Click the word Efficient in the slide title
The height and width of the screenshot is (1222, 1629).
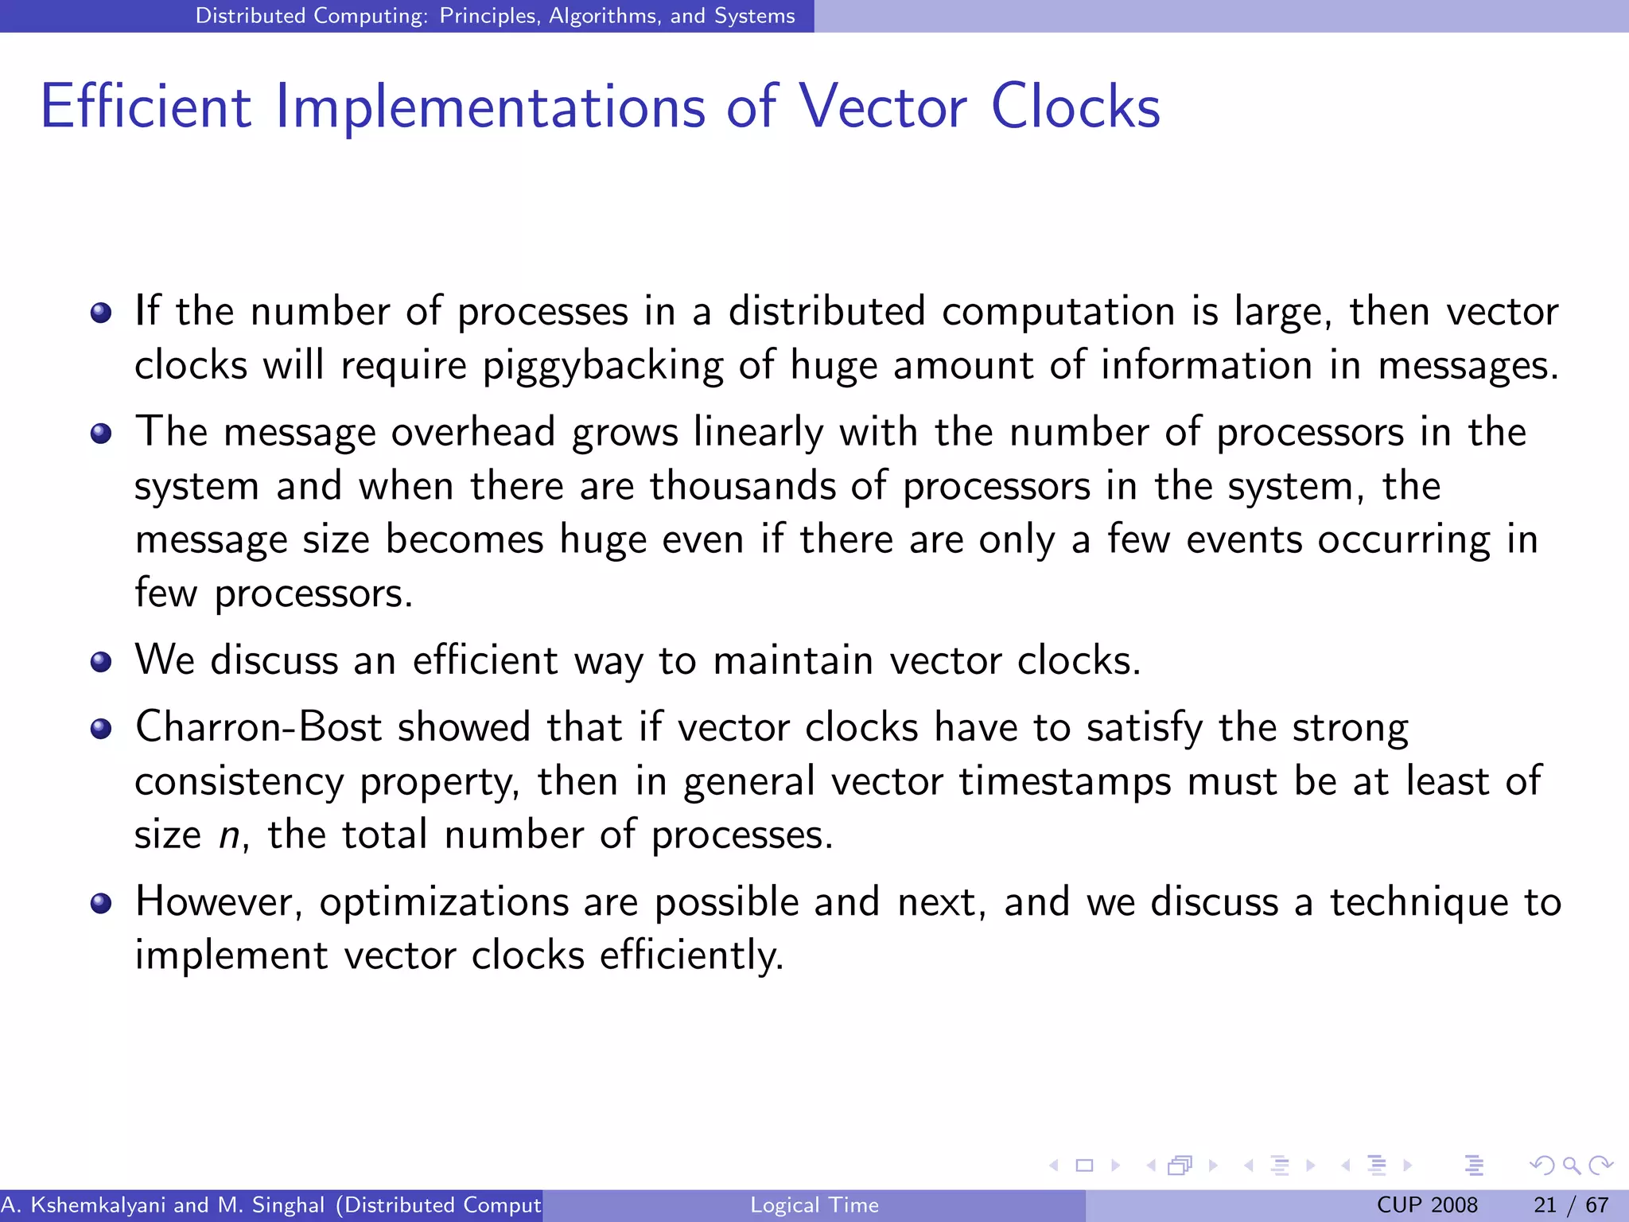pos(146,107)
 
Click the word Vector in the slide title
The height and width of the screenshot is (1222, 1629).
pos(882,107)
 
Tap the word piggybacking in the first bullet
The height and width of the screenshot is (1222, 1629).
pos(602,367)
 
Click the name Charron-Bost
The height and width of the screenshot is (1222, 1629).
pos(258,727)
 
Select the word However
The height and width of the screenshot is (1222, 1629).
pos(218,903)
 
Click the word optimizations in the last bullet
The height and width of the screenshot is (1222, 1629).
pos(444,903)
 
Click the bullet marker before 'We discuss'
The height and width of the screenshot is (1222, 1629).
pos(101,662)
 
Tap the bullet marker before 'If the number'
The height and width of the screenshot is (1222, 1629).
pos(101,313)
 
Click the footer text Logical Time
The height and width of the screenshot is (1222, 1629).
pos(814,1205)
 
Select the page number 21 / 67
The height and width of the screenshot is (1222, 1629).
pos(1571,1205)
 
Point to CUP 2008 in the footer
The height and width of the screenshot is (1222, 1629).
pos(1427,1205)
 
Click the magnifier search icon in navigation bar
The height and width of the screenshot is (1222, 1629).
pos(1571,1166)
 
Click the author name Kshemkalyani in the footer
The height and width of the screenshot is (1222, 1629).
pos(98,1205)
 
